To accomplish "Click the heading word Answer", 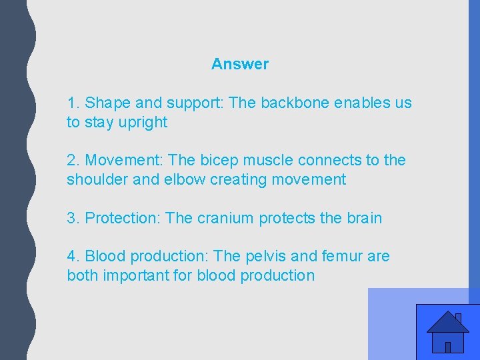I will (x=240, y=64).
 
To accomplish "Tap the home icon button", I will (x=447, y=332).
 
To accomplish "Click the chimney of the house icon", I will (x=458, y=318).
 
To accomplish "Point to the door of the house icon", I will (x=448, y=347).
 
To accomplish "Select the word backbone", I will (x=295, y=103).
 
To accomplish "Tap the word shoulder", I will (x=96, y=180).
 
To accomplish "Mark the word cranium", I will (x=225, y=219).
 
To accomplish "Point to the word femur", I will (x=341, y=257).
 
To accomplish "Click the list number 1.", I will (x=73, y=103).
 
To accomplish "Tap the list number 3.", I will (x=73, y=219).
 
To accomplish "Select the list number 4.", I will (x=73, y=257).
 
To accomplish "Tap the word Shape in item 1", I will (x=108, y=104).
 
